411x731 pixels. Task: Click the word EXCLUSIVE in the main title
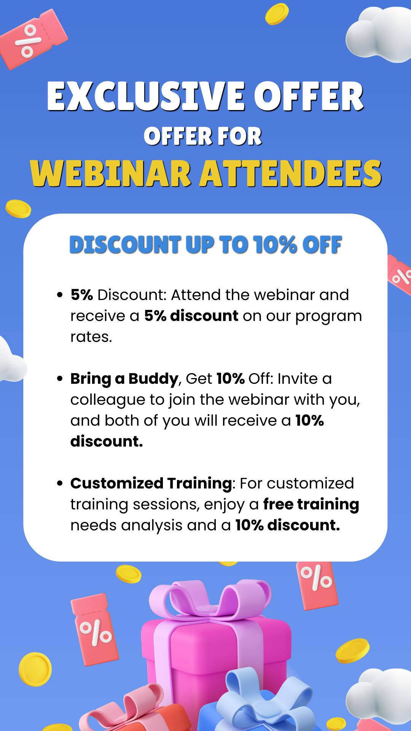[x=146, y=96]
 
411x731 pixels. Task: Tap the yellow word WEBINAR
[x=111, y=174]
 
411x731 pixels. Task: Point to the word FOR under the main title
[x=239, y=136]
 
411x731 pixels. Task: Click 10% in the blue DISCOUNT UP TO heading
[x=275, y=244]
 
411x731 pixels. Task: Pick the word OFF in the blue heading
[x=322, y=244]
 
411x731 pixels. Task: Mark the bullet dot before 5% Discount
[x=59, y=295]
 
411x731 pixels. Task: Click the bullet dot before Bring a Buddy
[x=59, y=379]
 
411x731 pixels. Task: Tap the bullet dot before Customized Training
[x=59, y=484]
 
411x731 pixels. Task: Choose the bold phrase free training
[x=311, y=505]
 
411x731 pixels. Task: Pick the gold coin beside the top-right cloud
[x=277, y=14]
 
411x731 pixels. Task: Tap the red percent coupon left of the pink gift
[x=95, y=630]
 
